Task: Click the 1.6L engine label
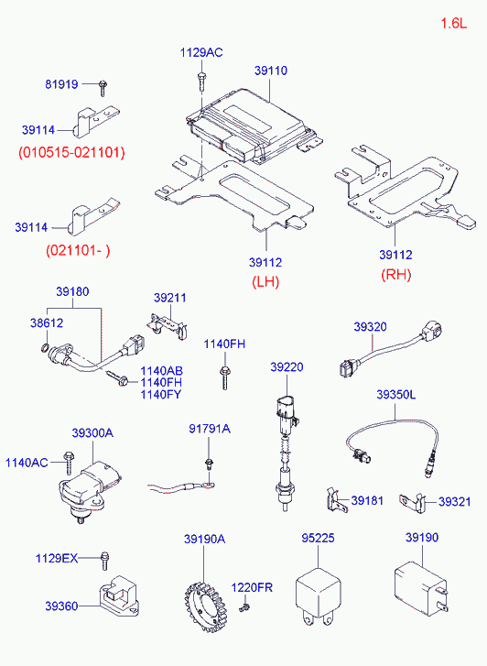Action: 453,24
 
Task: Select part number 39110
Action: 271,70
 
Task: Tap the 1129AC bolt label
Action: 200,53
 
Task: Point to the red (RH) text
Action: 395,274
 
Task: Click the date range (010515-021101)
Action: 71,152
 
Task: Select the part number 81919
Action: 62,85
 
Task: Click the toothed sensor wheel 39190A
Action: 203,601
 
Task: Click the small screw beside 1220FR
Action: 244,608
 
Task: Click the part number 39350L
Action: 395,394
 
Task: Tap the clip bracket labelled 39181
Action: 333,500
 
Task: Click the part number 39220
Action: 286,366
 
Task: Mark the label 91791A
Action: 210,429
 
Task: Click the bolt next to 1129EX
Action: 105,557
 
